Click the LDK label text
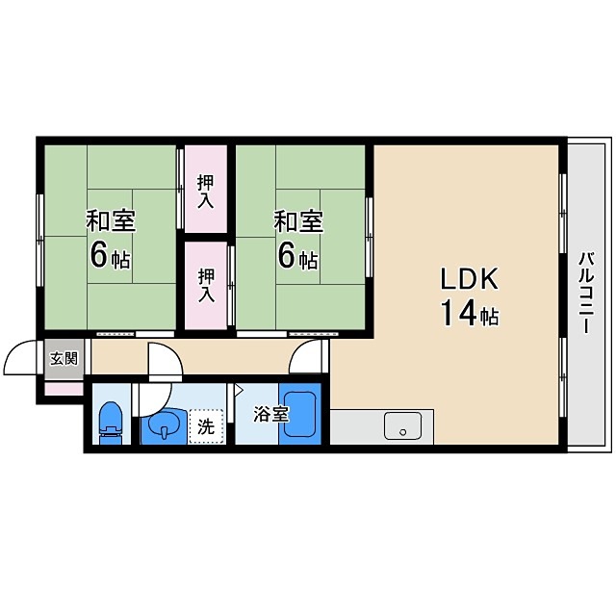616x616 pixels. click(470, 278)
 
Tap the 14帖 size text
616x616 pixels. click(469, 313)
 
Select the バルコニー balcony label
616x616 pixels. click(587, 293)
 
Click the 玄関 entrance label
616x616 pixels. click(64, 359)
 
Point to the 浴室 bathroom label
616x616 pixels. click(271, 414)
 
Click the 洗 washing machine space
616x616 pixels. click(206, 426)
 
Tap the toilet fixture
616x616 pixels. click(112, 423)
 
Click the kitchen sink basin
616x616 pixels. click(402, 425)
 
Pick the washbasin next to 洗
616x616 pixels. click(164, 426)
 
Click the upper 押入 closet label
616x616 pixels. click(206, 192)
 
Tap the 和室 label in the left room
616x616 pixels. click(112, 221)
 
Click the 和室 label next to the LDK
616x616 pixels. click(298, 221)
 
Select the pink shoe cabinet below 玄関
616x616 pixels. click(64, 389)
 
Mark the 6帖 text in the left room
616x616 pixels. click(110, 254)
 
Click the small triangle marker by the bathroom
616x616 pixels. click(239, 390)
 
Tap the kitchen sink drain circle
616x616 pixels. click(402, 432)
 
